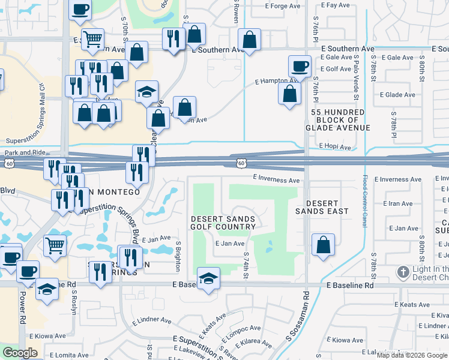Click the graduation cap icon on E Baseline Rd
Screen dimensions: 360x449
[x=208, y=278]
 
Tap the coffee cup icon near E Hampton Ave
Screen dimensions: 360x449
[x=299, y=65]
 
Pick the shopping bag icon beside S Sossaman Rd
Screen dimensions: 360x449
[x=323, y=245]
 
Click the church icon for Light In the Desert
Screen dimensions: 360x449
[x=403, y=273]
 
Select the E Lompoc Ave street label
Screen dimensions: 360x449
[x=242, y=329]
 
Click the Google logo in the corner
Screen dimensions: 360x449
[x=20, y=353]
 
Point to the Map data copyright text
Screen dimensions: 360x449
[x=412, y=355]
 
